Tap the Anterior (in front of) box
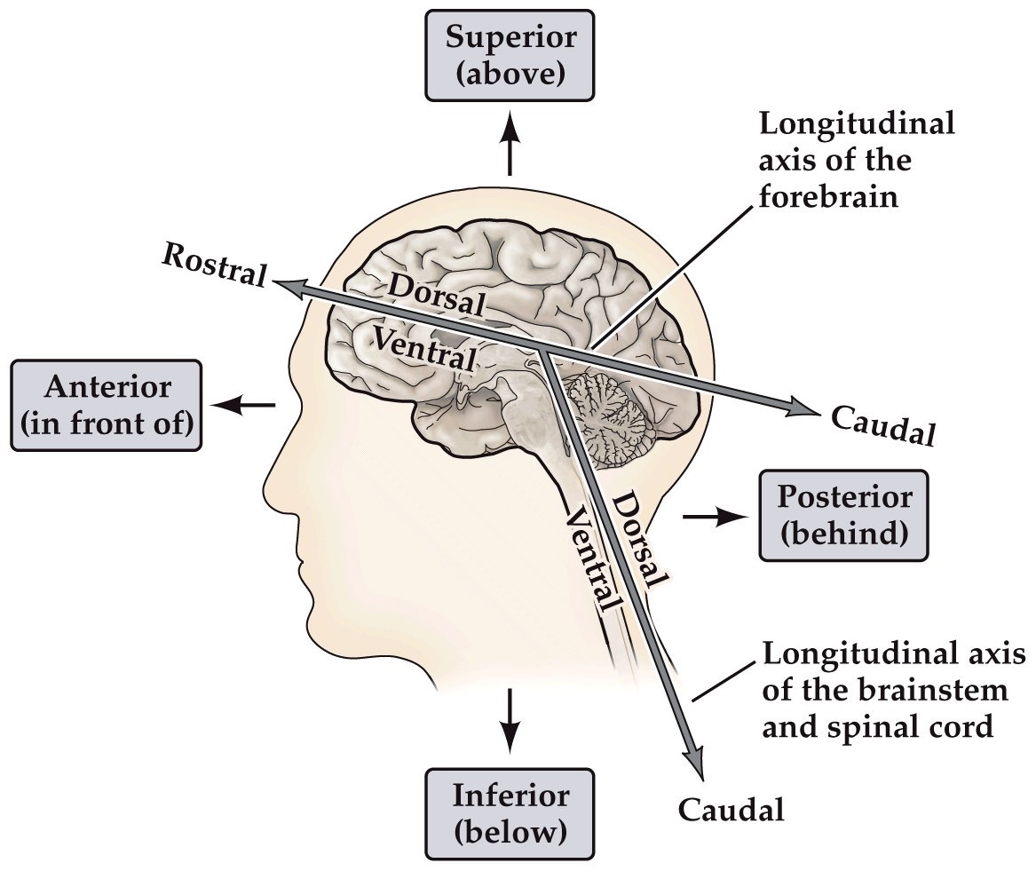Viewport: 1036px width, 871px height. pos(106,404)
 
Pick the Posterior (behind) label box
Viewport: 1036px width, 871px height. pos(843,515)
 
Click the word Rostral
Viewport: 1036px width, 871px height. pos(213,264)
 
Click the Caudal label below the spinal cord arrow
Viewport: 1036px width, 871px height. pos(731,810)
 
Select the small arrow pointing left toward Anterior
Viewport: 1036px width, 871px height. pos(246,405)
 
